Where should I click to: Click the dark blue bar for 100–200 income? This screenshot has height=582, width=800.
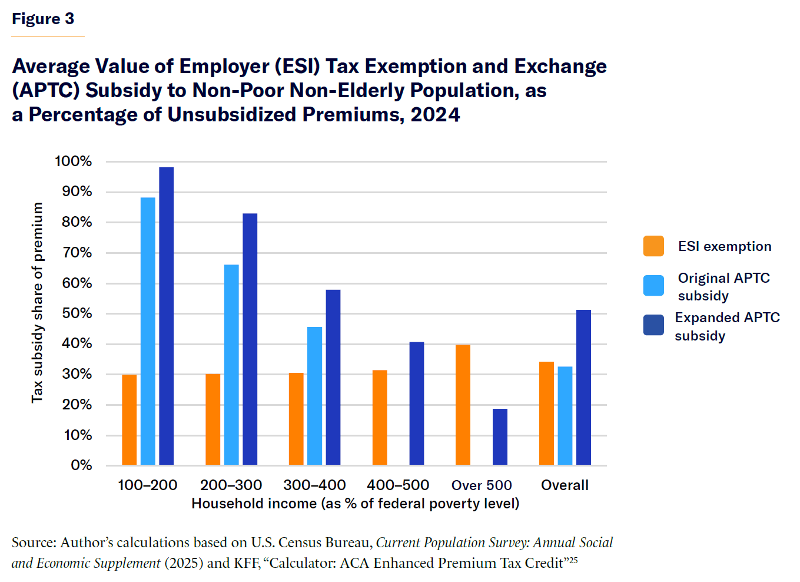tap(167, 316)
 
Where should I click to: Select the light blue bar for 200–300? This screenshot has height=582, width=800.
tap(231, 365)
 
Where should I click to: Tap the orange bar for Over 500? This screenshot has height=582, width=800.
tap(463, 405)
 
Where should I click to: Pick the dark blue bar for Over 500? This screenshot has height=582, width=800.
tap(500, 436)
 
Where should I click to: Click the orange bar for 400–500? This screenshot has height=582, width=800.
tap(380, 417)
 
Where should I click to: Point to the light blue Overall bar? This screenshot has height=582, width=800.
tap(565, 415)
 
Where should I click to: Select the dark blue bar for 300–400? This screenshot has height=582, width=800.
tap(333, 377)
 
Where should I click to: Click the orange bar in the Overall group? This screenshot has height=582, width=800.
tap(546, 413)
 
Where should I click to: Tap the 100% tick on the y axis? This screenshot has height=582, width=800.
tap(74, 161)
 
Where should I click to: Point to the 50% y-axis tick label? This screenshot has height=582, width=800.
tap(77, 313)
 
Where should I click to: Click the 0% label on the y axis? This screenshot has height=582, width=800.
tap(81, 465)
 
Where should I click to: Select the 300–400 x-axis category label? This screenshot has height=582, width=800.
tap(314, 485)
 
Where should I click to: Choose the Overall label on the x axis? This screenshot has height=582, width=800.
tap(565, 485)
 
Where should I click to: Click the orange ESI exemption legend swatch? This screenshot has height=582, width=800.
tap(653, 246)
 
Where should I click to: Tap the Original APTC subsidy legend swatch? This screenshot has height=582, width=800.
tap(653, 286)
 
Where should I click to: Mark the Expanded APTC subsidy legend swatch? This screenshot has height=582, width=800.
tap(653, 325)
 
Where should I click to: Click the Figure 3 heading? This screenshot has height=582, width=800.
tap(43, 19)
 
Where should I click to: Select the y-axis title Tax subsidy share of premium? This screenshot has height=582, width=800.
tap(38, 303)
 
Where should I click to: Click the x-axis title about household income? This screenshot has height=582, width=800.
tap(355, 504)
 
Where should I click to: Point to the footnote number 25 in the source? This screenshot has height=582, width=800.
tap(573, 560)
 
